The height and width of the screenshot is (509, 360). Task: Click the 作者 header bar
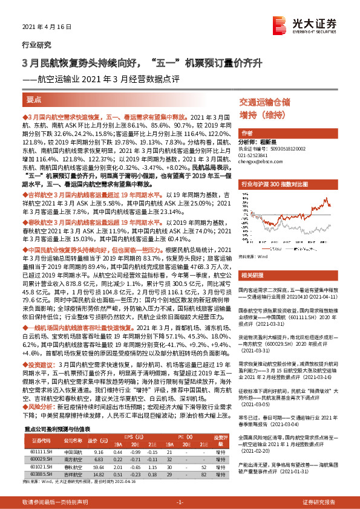tap(247, 132)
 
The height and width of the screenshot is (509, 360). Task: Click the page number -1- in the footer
tap(180, 501)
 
